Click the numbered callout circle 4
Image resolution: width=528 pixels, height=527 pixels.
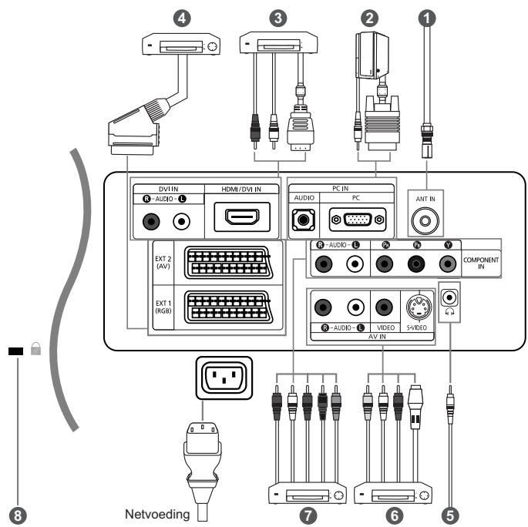(182, 18)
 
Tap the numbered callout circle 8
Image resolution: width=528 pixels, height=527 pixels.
(18, 515)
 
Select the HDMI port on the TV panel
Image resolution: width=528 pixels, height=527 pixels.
(242, 217)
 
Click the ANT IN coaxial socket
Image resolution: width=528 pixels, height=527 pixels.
(425, 221)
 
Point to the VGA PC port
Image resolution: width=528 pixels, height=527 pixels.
(358, 220)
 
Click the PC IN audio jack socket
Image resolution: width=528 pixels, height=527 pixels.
(304, 220)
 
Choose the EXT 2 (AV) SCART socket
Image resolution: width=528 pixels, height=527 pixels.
(228, 263)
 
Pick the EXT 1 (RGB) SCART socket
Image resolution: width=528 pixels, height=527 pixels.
(228, 307)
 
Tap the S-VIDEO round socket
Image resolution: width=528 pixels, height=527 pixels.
(419, 307)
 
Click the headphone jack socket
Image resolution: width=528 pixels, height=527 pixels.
(449, 297)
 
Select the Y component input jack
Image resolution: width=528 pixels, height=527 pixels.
(448, 263)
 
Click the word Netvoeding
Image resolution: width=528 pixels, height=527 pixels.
(157, 514)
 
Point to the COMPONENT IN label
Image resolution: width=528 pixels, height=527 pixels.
(481, 263)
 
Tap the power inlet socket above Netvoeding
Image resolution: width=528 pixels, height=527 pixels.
(224, 378)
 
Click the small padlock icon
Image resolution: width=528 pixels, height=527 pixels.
(35, 349)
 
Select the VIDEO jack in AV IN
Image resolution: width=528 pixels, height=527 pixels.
(384, 307)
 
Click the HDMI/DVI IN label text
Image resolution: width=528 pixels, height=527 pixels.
(241, 189)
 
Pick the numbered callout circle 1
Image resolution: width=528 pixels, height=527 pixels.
(427, 18)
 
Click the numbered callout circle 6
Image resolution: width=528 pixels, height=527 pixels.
(394, 515)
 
